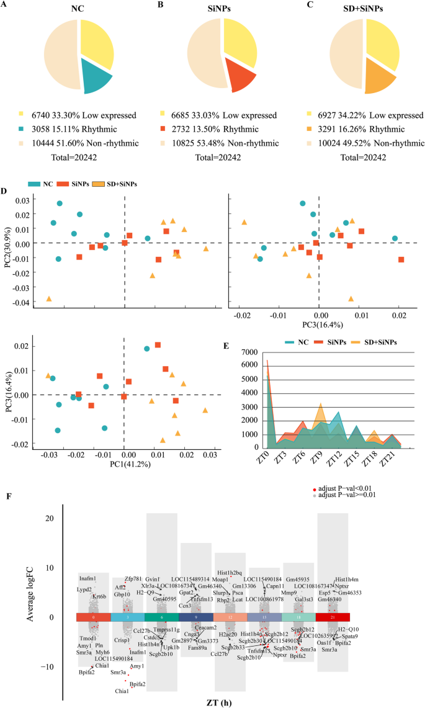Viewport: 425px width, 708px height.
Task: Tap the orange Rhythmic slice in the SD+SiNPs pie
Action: point(380,79)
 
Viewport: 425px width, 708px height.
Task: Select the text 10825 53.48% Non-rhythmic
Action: point(218,143)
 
